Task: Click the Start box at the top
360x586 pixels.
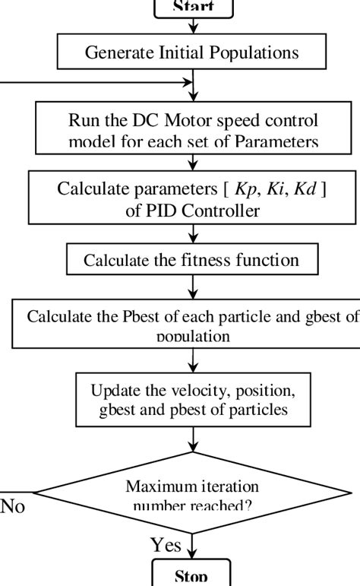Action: [x=193, y=8]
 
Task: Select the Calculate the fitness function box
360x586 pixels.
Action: [x=191, y=260]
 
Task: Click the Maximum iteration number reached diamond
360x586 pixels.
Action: [x=192, y=495]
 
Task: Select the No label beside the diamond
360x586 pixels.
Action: [x=12, y=505]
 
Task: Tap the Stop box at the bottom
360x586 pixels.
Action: [x=191, y=575]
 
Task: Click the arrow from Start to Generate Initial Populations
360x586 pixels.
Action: [x=193, y=27]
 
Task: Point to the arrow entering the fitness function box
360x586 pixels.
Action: [x=193, y=236]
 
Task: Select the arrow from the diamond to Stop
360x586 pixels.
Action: [x=193, y=547]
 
